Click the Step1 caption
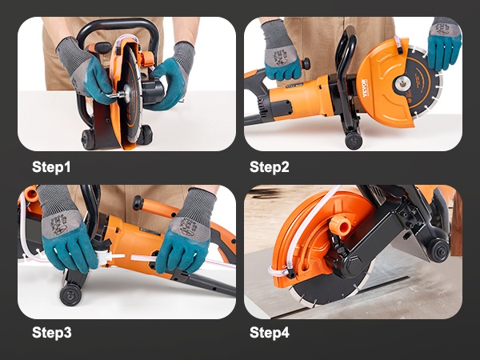51,167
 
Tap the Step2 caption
269,167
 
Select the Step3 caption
51,333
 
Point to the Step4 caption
270,333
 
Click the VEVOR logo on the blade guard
364,88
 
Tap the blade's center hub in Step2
402,83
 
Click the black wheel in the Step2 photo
354,141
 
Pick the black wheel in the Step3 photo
70,294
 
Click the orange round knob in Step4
340,225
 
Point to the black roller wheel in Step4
438,250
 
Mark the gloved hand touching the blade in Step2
443,43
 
